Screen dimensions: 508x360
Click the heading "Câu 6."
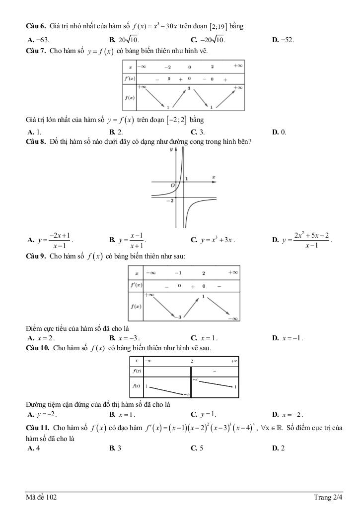(36, 26)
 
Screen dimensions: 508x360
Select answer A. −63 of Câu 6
(38, 40)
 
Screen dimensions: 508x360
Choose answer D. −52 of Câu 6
(283, 40)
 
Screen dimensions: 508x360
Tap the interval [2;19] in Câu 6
(219, 26)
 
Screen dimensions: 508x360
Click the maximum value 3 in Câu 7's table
(189, 88)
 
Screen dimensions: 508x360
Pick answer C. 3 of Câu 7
(198, 132)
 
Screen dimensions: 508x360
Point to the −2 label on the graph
(170, 200)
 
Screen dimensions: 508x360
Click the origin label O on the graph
(172, 185)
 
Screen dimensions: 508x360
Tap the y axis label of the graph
(171, 149)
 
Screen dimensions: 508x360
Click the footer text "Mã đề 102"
(42, 497)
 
